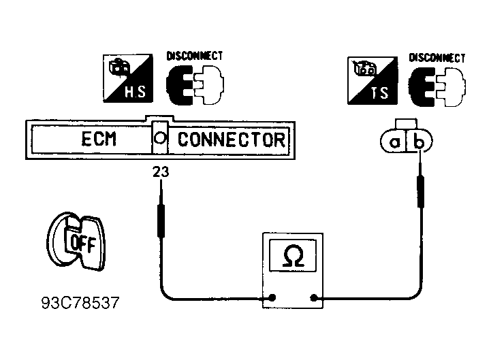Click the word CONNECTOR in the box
(x=231, y=140)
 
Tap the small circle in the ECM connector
(x=159, y=138)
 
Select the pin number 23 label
(x=160, y=173)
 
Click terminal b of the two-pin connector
(x=421, y=143)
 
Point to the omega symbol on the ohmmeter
(x=294, y=257)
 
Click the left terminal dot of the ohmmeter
(x=272, y=297)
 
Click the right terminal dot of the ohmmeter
(x=314, y=297)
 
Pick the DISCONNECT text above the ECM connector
(x=195, y=56)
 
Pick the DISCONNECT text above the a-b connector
(x=437, y=58)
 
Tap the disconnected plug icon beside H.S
(x=194, y=86)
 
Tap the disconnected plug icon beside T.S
(x=437, y=88)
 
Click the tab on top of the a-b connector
(x=407, y=123)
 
